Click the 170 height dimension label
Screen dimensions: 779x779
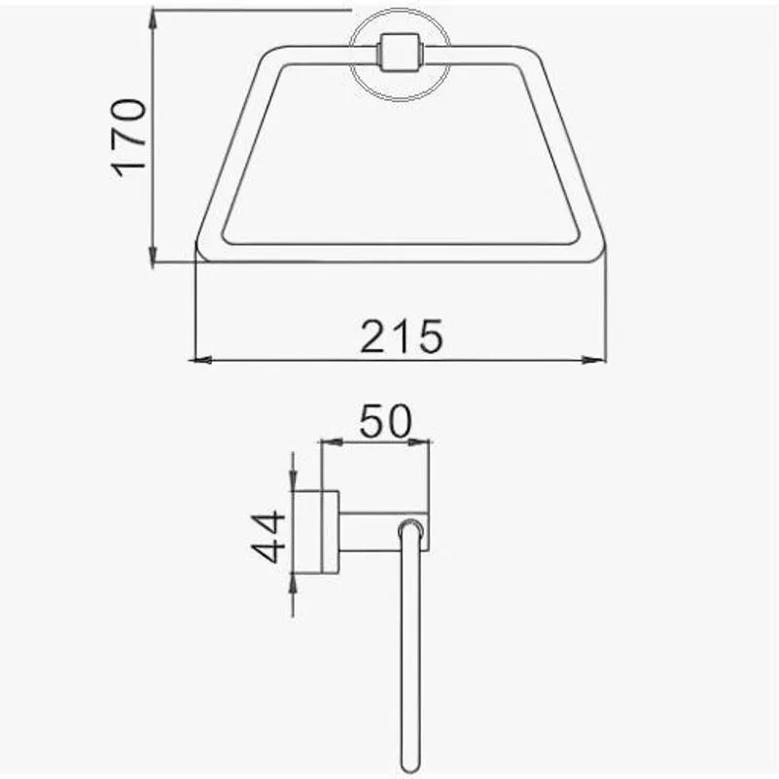click(x=128, y=138)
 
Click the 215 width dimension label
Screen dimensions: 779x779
click(x=401, y=336)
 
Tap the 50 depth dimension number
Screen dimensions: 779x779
click(x=385, y=421)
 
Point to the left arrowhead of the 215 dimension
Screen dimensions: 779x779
click(x=200, y=360)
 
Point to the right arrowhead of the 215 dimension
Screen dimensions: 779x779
click(x=594, y=360)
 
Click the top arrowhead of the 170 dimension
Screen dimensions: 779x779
click(x=154, y=19)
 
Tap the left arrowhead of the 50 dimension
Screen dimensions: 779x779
click(x=332, y=442)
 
